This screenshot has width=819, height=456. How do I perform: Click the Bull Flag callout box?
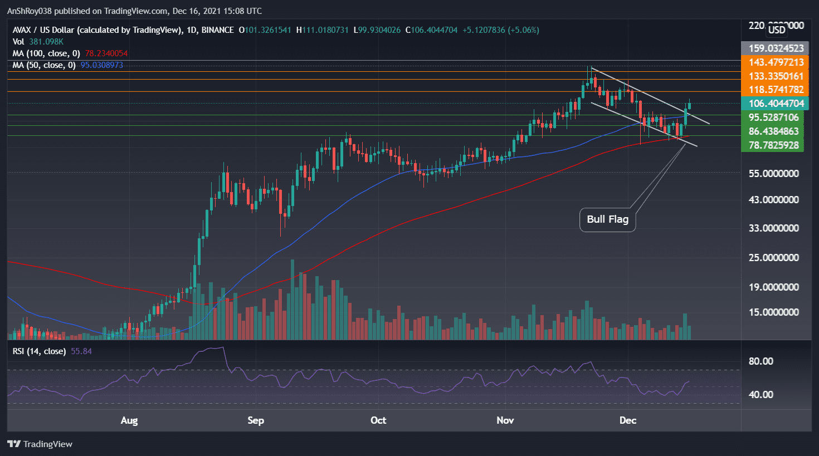tap(607, 219)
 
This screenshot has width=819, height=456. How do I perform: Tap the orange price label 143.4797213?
tap(776, 62)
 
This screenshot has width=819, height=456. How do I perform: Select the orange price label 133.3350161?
tap(776, 76)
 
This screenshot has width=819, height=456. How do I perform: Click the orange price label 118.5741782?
tap(776, 90)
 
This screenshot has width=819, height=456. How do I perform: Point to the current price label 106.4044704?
tap(776, 104)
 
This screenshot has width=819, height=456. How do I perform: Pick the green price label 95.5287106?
tap(773, 117)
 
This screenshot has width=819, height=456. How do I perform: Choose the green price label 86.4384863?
tap(773, 131)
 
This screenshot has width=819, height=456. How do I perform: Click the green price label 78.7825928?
tap(773, 145)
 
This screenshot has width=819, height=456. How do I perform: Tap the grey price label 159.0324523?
tap(776, 48)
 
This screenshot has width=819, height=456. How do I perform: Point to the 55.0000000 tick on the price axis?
tap(773, 174)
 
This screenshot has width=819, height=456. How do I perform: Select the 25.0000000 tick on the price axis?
tap(773, 258)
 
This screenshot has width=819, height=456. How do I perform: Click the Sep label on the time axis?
tap(256, 420)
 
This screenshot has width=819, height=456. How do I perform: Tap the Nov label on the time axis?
tap(505, 420)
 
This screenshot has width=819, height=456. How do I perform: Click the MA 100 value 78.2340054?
tap(106, 53)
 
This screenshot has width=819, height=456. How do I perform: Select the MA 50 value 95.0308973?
tap(101, 65)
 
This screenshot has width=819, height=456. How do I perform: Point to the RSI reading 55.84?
tap(81, 351)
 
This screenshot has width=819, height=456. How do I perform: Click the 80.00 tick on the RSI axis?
tap(760, 361)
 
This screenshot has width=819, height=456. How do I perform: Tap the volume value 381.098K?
tap(46, 42)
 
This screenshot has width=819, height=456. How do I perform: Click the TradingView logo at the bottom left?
tap(40, 444)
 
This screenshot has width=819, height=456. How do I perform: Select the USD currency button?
tap(777, 30)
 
